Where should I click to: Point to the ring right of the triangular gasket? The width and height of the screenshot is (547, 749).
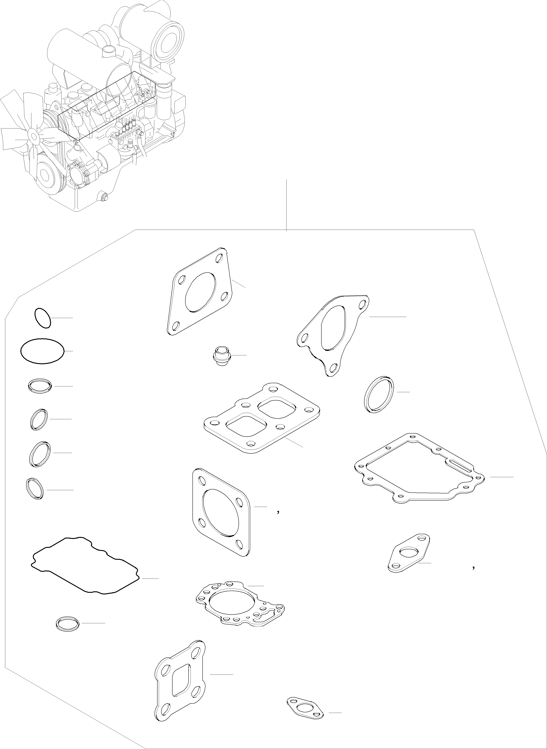(x=379, y=394)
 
